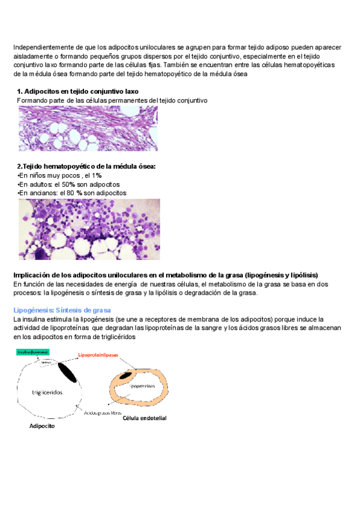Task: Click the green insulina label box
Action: [x=33, y=353]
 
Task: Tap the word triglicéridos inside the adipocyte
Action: [x=47, y=391]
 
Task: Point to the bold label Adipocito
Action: [x=42, y=426]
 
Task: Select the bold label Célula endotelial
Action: [x=145, y=418]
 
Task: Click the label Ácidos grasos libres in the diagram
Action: [x=103, y=413]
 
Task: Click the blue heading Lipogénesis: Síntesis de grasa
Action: [x=62, y=310]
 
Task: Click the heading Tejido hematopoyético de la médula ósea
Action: [x=86, y=166]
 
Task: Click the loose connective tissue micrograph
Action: [x=88, y=128]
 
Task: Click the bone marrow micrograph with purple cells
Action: [x=89, y=229]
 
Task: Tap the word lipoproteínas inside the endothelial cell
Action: [x=143, y=387]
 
